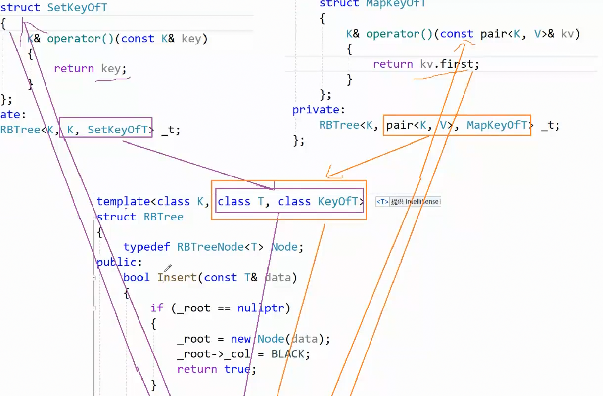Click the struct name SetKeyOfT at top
click(x=77, y=8)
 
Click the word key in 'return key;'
click(x=111, y=69)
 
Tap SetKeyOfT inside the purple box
click(x=118, y=130)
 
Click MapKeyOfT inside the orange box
click(x=497, y=125)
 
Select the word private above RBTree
click(x=316, y=110)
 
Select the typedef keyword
click(x=146, y=247)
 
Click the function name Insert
click(x=177, y=278)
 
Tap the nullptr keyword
click(x=260, y=308)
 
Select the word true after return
click(x=237, y=369)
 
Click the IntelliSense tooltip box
click(x=408, y=202)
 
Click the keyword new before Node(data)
click(x=240, y=339)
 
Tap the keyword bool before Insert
click(x=137, y=278)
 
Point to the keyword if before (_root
click(x=157, y=308)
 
